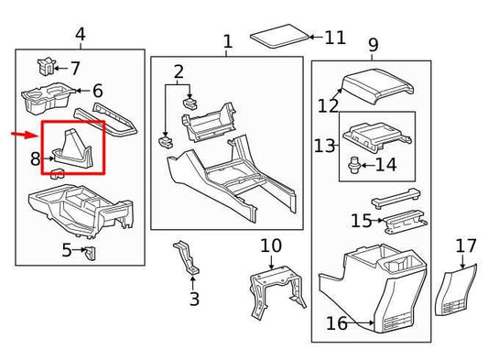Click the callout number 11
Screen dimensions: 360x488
pyautogui.click(x=334, y=38)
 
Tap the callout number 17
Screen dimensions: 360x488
pyautogui.click(x=466, y=245)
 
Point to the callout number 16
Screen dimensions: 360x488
pyautogui.click(x=336, y=322)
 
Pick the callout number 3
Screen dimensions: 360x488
pyautogui.click(x=193, y=299)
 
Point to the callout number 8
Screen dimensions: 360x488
pyautogui.click(x=35, y=159)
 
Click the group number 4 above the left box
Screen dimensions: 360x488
pyautogui.click(x=81, y=35)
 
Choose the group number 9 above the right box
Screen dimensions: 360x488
pyautogui.click(x=374, y=44)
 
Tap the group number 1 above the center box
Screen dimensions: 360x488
pyautogui.click(x=227, y=41)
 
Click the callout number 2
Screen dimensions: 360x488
pyautogui.click(x=179, y=71)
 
